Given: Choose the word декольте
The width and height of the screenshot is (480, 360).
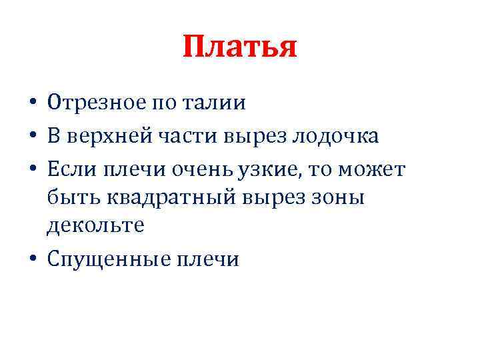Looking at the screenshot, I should click(x=95, y=227).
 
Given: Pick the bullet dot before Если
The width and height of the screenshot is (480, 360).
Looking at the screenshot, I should click(x=33, y=169).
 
